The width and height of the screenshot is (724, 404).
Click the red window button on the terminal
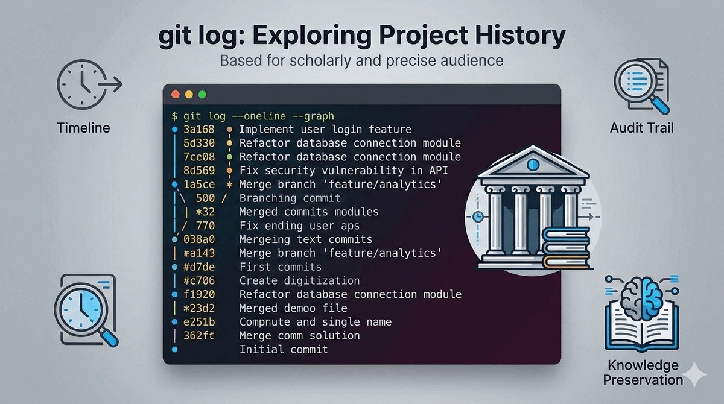click(176, 94)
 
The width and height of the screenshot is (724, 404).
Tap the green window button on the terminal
click(202, 94)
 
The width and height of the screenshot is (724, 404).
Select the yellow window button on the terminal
click(189, 94)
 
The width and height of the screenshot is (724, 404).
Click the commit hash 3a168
click(198, 130)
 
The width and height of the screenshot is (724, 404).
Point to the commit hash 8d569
click(198, 171)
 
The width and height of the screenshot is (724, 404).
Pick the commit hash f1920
click(198, 294)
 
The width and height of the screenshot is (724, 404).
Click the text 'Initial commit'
click(284, 349)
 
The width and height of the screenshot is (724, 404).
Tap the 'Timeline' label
click(83, 128)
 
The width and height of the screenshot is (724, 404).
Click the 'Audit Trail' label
click(642, 128)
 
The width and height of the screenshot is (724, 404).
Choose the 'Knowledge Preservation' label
click(643, 373)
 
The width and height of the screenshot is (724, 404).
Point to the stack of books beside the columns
click(567, 248)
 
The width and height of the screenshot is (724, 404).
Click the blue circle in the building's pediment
click(533, 165)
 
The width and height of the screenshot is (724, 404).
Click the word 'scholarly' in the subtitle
click(320, 60)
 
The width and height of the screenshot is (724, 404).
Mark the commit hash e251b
click(198, 322)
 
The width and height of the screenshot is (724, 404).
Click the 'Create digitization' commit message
click(299, 280)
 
